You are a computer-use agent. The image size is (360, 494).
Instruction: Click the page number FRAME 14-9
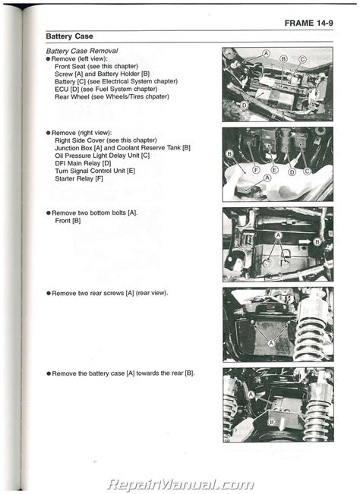[x=308, y=23]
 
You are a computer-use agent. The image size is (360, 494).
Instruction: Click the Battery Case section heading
[x=69, y=36]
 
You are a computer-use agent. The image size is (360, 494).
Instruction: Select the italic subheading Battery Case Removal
[x=82, y=51]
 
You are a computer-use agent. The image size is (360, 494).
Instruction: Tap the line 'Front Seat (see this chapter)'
[x=96, y=66]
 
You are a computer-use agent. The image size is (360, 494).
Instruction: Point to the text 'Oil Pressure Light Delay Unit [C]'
[x=102, y=156]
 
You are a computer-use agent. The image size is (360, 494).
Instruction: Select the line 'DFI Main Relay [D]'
[x=83, y=163]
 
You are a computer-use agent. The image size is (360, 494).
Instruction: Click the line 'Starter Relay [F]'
[x=79, y=178]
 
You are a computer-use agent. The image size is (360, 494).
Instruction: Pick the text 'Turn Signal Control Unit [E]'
[x=95, y=171]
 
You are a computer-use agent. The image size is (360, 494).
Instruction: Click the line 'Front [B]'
[x=68, y=221]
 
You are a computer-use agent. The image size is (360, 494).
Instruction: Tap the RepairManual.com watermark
[x=180, y=484]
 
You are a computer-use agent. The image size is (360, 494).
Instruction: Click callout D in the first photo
[x=244, y=105]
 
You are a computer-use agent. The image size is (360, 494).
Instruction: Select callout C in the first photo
[x=302, y=59]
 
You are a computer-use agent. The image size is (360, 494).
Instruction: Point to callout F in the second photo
[x=256, y=170]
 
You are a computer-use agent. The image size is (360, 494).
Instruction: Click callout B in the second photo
[x=229, y=154]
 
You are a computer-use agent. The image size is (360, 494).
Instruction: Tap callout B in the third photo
[x=317, y=242]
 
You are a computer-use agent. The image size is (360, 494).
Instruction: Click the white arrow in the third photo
[x=305, y=242]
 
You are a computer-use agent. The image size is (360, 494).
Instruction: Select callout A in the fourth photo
[x=271, y=343]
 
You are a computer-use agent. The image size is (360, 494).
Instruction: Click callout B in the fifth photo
[x=271, y=422]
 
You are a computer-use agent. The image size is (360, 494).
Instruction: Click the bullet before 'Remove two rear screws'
[x=49, y=294]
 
